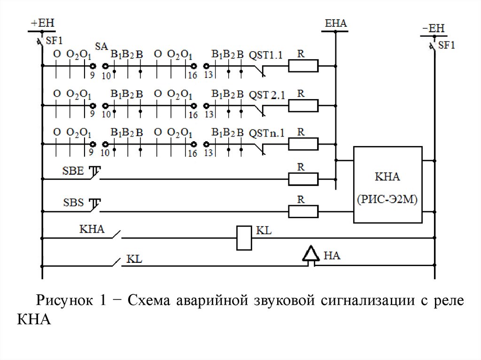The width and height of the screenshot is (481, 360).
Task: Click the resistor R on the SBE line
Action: pyautogui.click(x=303, y=179)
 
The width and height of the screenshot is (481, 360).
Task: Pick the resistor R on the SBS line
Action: pyautogui.click(x=303, y=211)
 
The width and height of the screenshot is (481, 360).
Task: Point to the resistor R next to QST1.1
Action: pyautogui.click(x=303, y=66)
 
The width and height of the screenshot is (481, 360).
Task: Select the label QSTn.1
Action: pyautogui.click(x=266, y=133)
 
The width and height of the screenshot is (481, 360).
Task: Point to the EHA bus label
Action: pyautogui.click(x=335, y=23)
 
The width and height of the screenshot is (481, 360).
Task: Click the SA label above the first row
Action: pyautogui.click(x=101, y=46)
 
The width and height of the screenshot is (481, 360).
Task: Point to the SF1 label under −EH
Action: pyautogui.click(x=447, y=46)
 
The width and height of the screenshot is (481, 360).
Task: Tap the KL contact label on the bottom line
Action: pyautogui.click(x=135, y=259)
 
